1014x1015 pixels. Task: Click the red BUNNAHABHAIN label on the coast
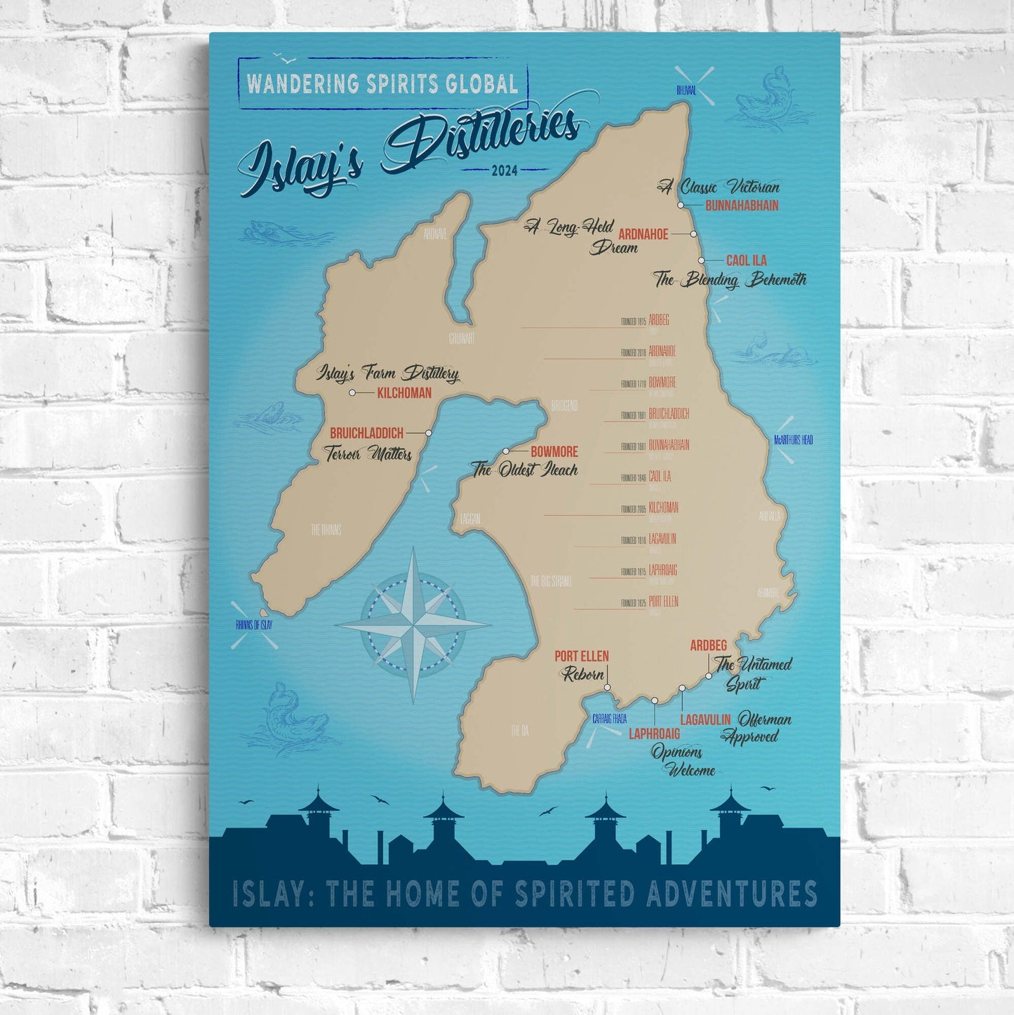pyautogui.click(x=741, y=206)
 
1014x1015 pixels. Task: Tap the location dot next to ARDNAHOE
pyautogui.click(x=693, y=234)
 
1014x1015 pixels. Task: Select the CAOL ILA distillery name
pyautogui.click(x=746, y=260)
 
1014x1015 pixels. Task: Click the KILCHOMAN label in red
pyautogui.click(x=404, y=393)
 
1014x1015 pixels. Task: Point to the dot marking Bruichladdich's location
pyautogui.click(x=429, y=433)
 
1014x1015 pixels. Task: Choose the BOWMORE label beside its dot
pyautogui.click(x=554, y=452)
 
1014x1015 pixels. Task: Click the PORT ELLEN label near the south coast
pyautogui.click(x=581, y=656)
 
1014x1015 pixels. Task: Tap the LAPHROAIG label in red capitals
pyautogui.click(x=654, y=734)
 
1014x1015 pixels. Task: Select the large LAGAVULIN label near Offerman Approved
pyautogui.click(x=705, y=719)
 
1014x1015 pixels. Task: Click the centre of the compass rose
pyautogui.click(x=413, y=623)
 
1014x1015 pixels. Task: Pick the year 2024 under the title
pyautogui.click(x=505, y=170)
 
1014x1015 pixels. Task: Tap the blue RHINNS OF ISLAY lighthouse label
pyautogui.click(x=253, y=625)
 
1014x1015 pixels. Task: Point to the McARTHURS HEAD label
pyautogui.click(x=793, y=440)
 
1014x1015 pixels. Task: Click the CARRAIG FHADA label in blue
pyautogui.click(x=609, y=719)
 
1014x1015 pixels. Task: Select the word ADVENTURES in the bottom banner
pyautogui.click(x=731, y=894)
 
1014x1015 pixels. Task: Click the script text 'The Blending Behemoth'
pyautogui.click(x=730, y=279)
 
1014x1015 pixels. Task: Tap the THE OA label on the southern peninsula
pyautogui.click(x=519, y=731)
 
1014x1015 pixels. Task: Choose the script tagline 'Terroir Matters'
pyautogui.click(x=368, y=454)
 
